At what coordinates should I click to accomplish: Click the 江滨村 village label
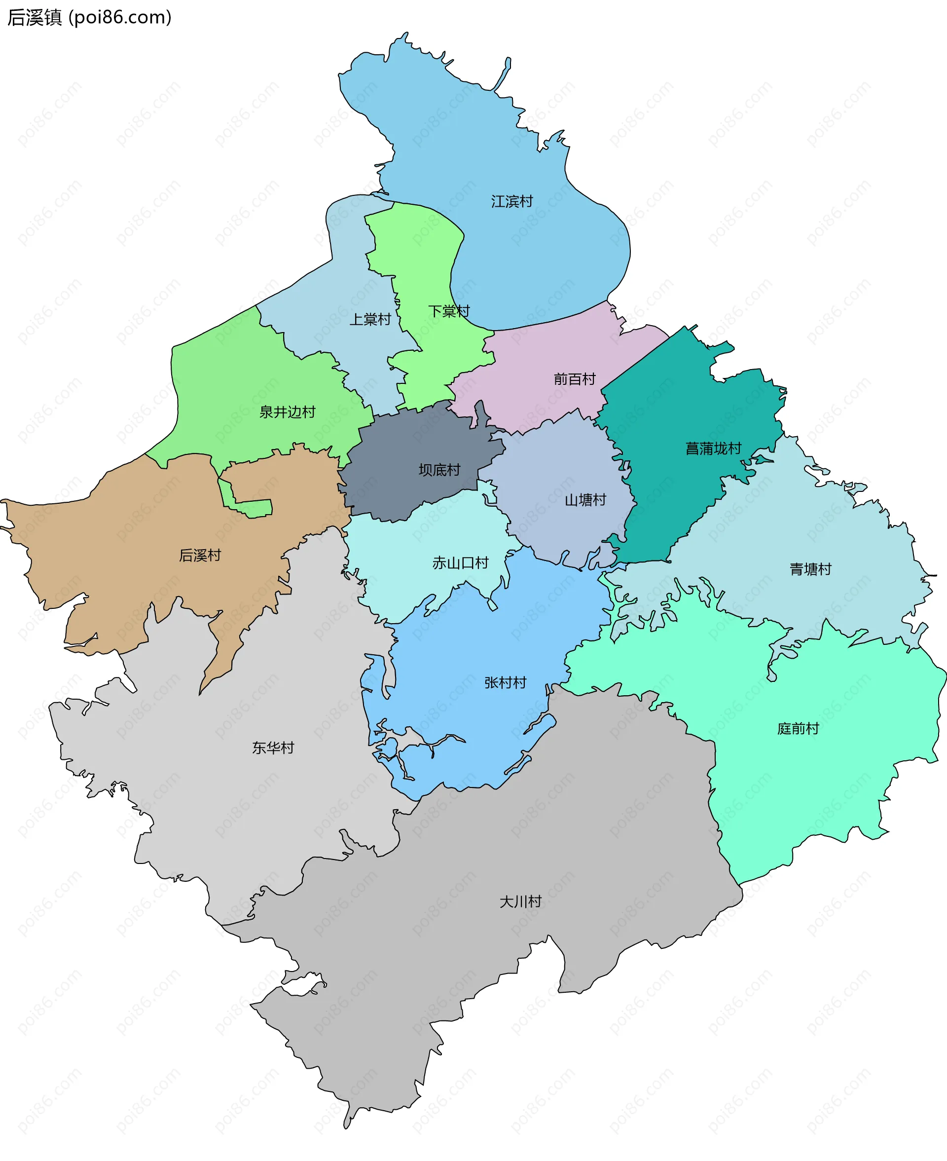pyautogui.click(x=511, y=202)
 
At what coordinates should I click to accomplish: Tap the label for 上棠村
pyautogui.click(x=370, y=320)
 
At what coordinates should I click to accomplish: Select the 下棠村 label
pyautogui.click(x=449, y=311)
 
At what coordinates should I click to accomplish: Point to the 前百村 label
pyautogui.click(x=575, y=379)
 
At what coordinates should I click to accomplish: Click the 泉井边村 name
pyautogui.click(x=288, y=412)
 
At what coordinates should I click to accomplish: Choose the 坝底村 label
pyautogui.click(x=439, y=470)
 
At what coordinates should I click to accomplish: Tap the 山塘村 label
pyautogui.click(x=585, y=500)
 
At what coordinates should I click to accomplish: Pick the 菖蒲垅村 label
pyautogui.click(x=714, y=449)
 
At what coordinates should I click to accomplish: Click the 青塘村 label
pyautogui.click(x=811, y=569)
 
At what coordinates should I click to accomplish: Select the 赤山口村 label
pyautogui.click(x=460, y=563)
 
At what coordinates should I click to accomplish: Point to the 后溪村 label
pyautogui.click(x=200, y=556)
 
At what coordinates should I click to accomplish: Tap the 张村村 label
pyautogui.click(x=506, y=683)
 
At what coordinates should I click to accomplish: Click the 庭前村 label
pyautogui.click(x=798, y=729)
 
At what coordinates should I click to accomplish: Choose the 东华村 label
pyautogui.click(x=273, y=748)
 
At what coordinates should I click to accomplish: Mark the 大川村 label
pyautogui.click(x=521, y=902)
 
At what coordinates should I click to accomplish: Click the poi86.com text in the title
pyautogui.click(x=120, y=18)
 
